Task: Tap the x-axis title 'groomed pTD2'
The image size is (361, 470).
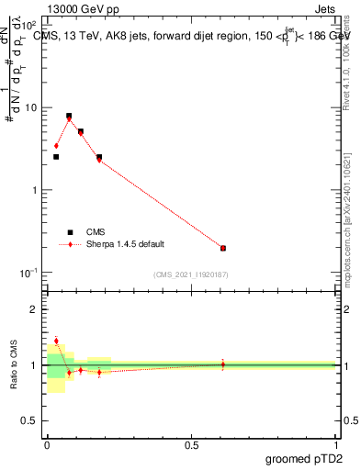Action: pos(305,459)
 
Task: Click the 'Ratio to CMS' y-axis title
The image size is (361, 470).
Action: pos(13,364)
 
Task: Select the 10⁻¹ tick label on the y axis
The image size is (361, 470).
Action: pos(29,273)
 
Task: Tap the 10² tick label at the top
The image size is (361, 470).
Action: pos(29,26)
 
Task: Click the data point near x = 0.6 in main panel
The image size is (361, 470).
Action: pos(223,248)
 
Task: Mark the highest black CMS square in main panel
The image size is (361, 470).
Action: pos(69,117)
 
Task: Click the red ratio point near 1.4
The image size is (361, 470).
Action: pos(56,341)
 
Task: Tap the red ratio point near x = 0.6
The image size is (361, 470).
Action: pos(223,364)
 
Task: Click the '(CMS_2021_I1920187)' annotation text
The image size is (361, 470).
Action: pos(191,274)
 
